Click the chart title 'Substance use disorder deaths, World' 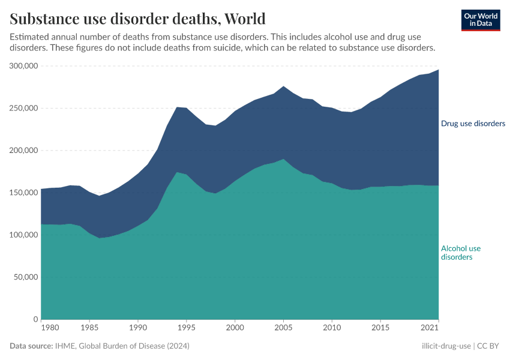(137, 18)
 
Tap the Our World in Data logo (480, 20)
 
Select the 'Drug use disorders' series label (473, 124)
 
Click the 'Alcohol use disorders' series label (461, 253)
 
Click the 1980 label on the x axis (50, 328)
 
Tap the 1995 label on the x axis (186, 328)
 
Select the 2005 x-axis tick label (283, 328)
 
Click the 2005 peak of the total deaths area (283, 86)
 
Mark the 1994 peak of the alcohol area (176, 172)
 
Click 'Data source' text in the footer (32, 346)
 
